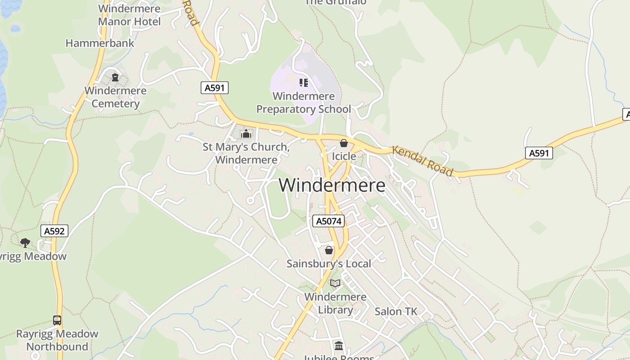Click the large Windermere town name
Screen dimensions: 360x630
(x=332, y=185)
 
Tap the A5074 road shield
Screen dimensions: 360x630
(x=328, y=221)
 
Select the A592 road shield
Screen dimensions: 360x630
(x=54, y=231)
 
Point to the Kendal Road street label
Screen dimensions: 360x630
(x=422, y=161)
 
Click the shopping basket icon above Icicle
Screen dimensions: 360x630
(x=344, y=144)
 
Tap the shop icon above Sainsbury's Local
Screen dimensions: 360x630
(x=329, y=250)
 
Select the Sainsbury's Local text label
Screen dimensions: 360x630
(x=329, y=264)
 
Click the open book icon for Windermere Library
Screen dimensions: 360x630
(x=335, y=283)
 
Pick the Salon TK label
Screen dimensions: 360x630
(x=396, y=311)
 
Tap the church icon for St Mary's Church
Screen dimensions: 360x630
(x=246, y=134)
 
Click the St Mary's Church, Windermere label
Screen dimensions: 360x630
(x=246, y=153)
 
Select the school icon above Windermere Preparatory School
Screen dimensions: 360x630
(x=304, y=83)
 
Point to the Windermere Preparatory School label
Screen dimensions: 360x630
(x=304, y=103)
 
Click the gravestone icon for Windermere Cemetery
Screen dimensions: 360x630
(x=115, y=77)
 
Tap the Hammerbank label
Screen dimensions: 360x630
(x=100, y=43)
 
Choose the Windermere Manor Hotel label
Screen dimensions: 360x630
(x=129, y=15)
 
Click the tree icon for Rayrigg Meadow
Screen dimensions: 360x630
(x=25, y=243)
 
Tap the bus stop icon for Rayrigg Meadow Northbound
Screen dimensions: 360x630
(x=57, y=320)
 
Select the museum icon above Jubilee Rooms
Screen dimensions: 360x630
(x=339, y=346)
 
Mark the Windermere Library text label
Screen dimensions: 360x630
(x=335, y=303)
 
